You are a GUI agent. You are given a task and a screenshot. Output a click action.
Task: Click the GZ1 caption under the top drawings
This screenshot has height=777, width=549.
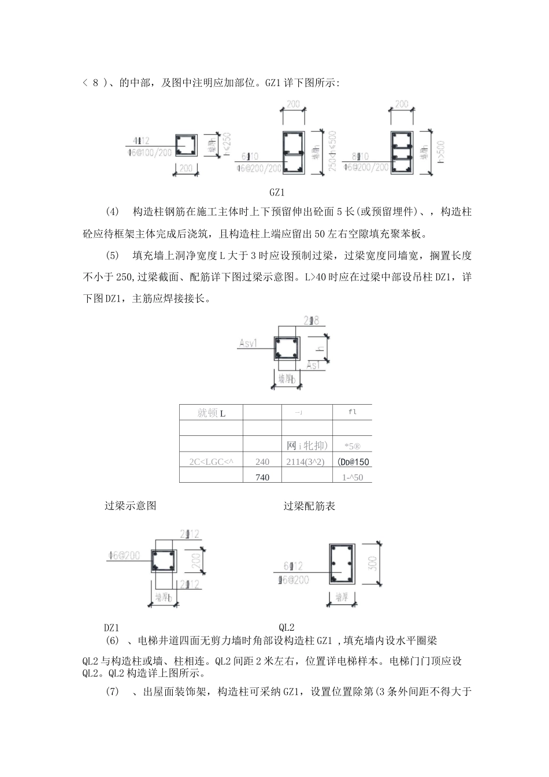coord(277,193)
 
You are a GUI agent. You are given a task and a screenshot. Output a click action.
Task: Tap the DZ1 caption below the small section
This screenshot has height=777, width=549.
coord(112,627)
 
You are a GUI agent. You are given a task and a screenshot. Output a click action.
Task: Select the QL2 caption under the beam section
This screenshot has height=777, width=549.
coord(287,627)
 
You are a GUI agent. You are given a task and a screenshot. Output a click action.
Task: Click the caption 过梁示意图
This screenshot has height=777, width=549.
coord(130,506)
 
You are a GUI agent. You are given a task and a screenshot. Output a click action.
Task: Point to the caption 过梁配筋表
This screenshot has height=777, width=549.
coord(309,506)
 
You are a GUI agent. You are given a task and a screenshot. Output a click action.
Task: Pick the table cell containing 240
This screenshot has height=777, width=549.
coord(262,462)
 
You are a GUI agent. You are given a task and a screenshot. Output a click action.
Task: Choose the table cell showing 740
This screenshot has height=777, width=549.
coord(262,477)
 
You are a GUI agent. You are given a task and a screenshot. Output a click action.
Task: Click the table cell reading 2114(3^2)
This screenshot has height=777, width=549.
coord(306,462)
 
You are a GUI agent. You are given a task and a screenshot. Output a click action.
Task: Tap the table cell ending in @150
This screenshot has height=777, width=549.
coord(353,462)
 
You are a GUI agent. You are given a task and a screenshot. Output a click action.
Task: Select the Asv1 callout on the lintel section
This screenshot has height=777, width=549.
coord(248,344)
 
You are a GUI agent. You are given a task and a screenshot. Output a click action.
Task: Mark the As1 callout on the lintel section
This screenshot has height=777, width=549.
coord(313,365)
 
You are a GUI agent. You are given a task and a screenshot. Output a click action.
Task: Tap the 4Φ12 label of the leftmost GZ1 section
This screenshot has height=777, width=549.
coord(141,140)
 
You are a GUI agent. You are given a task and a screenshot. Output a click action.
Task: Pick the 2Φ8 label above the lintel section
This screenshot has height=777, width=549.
coord(311,320)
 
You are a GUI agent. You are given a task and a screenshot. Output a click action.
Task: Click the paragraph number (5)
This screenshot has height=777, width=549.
coord(113,256)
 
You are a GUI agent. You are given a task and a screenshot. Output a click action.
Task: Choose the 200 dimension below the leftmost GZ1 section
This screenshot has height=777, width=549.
coord(185,168)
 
